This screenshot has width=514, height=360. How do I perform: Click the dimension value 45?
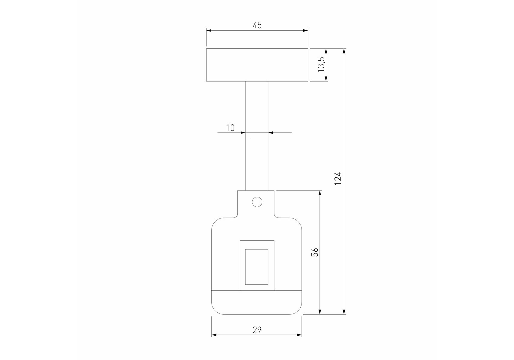point(257,25)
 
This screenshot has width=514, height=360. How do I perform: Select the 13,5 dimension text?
point(321,64)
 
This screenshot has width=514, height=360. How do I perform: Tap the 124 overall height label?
point(338,178)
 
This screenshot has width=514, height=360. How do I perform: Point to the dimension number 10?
point(230,128)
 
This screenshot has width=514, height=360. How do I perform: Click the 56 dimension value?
point(315,252)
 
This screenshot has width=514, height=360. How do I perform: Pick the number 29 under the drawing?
point(257,330)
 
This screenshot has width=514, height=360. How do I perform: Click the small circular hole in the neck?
point(257,202)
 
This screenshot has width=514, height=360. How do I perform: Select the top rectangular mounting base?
point(257,65)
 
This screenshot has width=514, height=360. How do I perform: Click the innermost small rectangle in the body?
point(257,267)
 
